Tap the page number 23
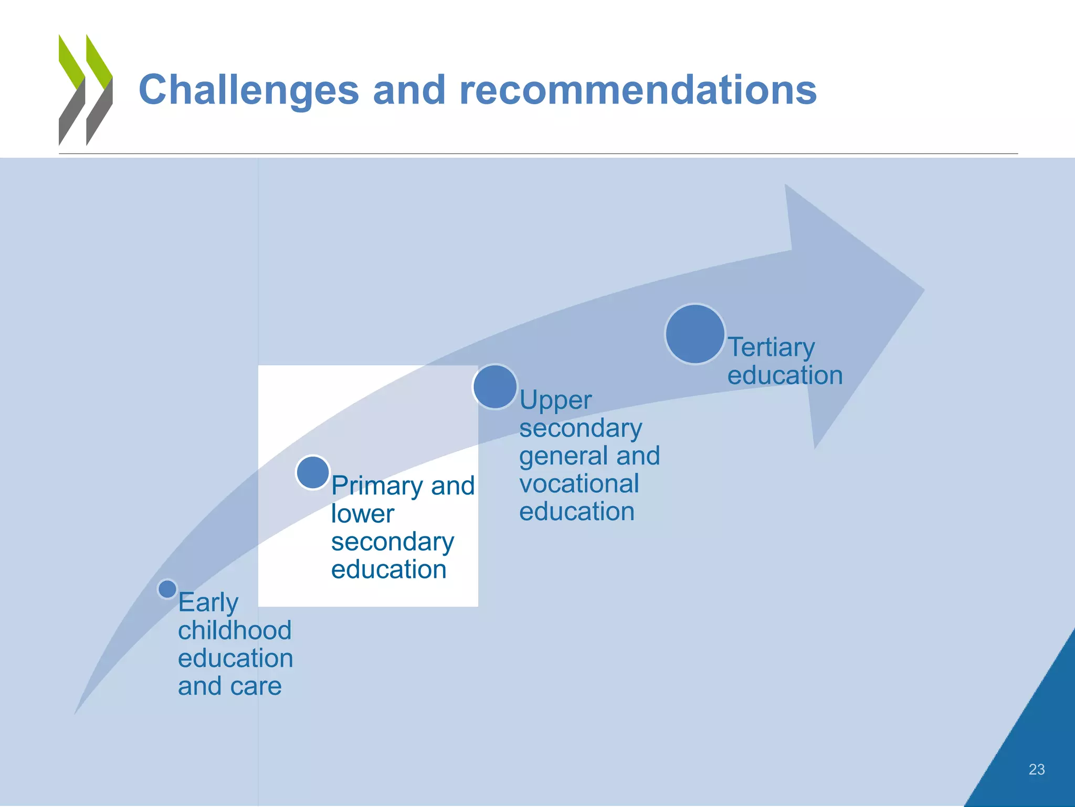pos(1036,770)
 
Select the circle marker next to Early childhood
pos(167,589)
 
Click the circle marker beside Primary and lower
pos(313,472)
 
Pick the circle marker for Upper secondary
pos(495,387)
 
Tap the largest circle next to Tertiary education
pos(695,334)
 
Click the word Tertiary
pos(771,347)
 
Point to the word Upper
pos(555,401)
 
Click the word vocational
pos(579,484)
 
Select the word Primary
pos(377,486)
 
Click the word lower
pos(362,514)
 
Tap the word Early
pos(208,603)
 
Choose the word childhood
pos(235,630)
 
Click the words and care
pos(230,687)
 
